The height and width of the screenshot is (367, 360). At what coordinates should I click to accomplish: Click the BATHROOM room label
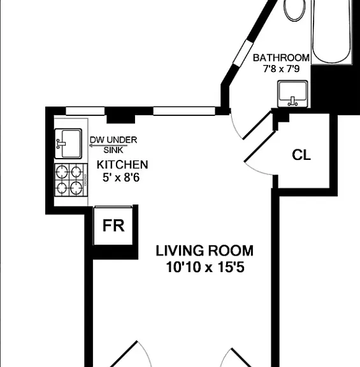point(281,58)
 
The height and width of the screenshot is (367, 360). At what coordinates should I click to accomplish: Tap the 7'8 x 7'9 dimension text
point(281,69)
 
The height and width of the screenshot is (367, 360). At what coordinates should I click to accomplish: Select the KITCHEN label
point(122,165)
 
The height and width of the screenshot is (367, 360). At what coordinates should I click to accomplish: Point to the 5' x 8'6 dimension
point(121,177)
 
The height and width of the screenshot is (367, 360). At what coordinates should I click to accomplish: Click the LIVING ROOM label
point(205,250)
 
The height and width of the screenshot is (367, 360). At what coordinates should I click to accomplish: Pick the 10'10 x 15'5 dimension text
point(205,267)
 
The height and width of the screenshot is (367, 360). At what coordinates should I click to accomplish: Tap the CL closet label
point(301,155)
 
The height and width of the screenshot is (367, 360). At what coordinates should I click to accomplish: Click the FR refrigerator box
point(113,226)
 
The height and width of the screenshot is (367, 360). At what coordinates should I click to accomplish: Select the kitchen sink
point(68,144)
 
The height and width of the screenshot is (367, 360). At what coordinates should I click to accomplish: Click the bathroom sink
point(292,94)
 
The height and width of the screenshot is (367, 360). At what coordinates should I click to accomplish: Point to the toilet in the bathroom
point(294,10)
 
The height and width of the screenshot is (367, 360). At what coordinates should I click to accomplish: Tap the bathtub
point(332,32)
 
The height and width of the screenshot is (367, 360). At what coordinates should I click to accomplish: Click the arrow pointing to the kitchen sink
point(108,145)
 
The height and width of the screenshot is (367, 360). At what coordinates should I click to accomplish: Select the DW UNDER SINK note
point(113,145)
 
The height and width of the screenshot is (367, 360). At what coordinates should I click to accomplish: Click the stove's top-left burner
point(62,172)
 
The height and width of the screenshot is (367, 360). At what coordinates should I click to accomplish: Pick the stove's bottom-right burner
point(76,188)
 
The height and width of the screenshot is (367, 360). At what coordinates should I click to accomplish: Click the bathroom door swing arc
point(235,127)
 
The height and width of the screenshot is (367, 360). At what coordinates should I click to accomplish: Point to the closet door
point(260,147)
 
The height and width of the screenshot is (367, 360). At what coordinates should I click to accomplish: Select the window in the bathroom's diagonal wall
point(243,54)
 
